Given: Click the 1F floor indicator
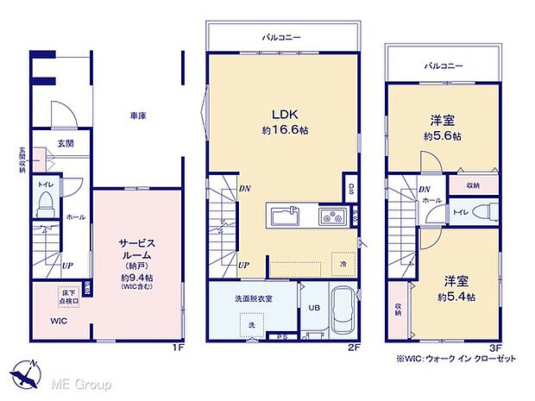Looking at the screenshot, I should click(x=177, y=348).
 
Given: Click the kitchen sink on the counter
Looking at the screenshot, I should click(x=286, y=215).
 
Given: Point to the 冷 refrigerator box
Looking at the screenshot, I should click(x=341, y=264).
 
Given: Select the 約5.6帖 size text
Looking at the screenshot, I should click(x=442, y=136).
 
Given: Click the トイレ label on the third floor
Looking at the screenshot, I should click(x=461, y=211).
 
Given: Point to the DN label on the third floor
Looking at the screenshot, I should click(x=425, y=190).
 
